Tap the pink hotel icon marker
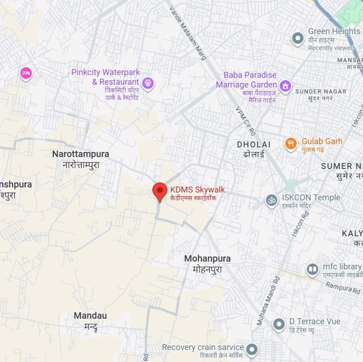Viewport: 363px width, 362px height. tap(26, 73)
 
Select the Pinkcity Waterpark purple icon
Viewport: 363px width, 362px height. tap(148, 82)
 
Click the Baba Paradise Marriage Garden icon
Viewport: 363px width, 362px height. tap(285, 85)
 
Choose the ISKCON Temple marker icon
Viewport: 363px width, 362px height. tap(271, 201)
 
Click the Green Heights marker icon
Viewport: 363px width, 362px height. tap(298, 38)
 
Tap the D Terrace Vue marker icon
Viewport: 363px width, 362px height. tap(279, 324)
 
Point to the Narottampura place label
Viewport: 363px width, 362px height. tap(81, 154)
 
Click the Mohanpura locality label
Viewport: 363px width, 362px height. tap(207, 259)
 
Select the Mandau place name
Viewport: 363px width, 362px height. tap(90, 316)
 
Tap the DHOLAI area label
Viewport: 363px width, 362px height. tap(253, 144)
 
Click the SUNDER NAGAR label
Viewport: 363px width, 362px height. tap(320, 91)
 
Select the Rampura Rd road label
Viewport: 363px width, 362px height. tap(343, 288)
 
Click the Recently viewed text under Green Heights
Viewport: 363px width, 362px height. tap(331, 48)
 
